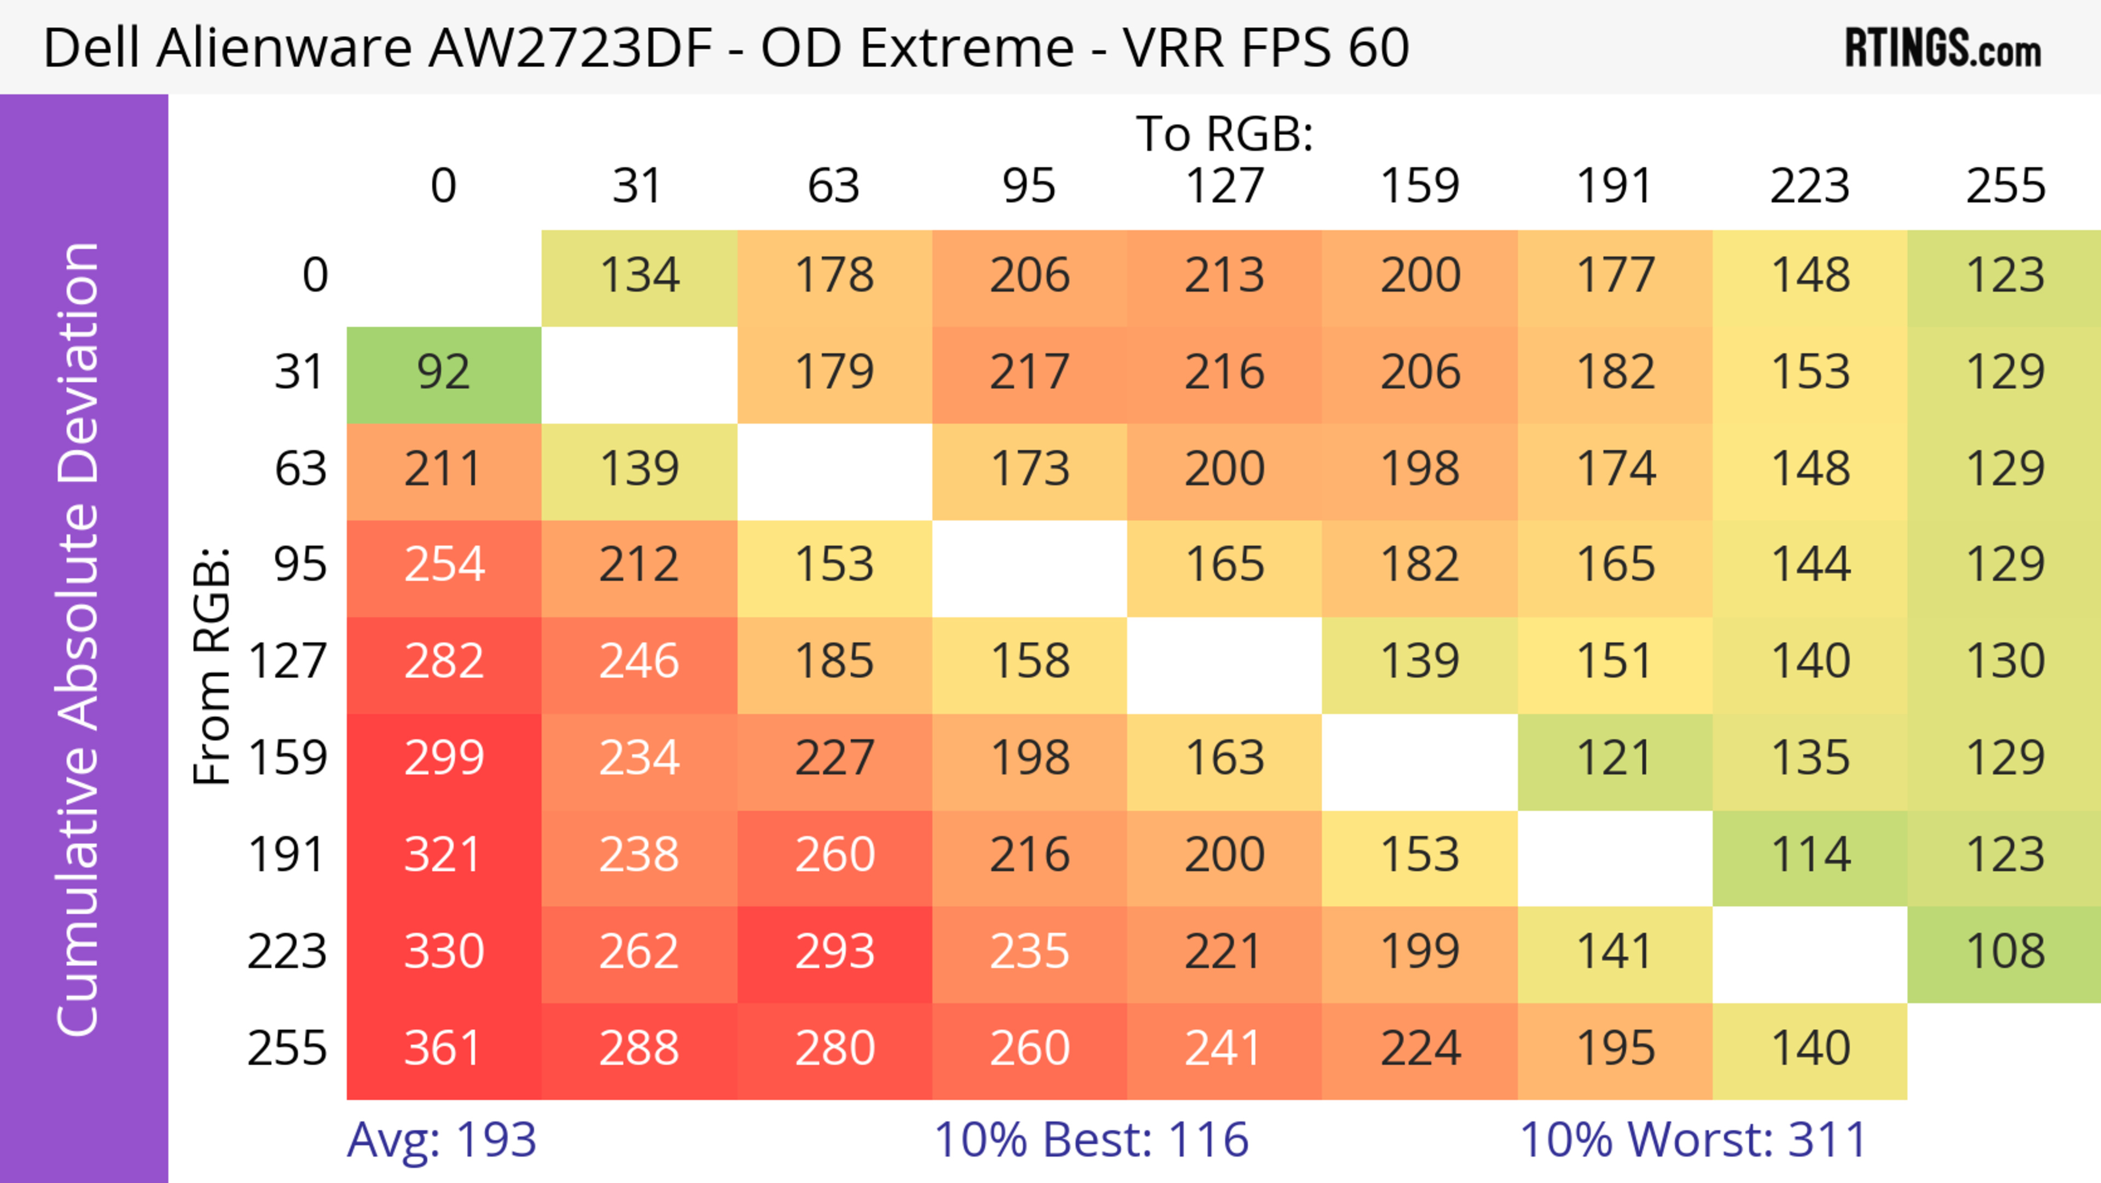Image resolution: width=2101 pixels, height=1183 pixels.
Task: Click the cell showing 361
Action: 444,1048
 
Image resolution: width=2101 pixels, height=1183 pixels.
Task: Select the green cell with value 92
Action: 444,373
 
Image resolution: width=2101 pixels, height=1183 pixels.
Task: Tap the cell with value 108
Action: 2005,952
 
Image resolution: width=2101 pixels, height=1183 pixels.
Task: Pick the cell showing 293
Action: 834,952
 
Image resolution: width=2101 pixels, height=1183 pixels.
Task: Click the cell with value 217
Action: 1029,373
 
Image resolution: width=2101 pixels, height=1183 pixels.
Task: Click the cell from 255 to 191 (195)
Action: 1615,1048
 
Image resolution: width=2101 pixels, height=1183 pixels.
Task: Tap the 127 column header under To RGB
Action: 1224,187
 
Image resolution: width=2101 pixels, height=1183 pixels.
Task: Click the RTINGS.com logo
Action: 1943,48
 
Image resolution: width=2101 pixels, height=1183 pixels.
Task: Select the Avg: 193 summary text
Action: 441,1140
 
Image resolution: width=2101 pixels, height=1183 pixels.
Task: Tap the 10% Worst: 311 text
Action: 1693,1140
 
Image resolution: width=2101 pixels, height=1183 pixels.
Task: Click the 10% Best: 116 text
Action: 1090,1140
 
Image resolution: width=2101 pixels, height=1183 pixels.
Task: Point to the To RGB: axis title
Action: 1224,134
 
